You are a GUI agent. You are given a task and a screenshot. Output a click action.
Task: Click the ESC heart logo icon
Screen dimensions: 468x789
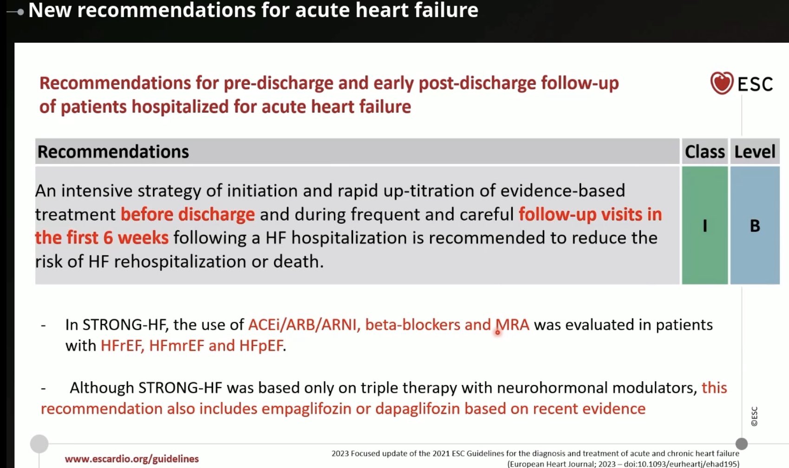722,83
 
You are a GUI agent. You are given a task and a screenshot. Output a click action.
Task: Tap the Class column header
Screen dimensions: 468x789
704,152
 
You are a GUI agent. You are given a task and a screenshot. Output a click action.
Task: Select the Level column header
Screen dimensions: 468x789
755,152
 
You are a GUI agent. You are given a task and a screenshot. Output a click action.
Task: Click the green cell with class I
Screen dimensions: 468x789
704,226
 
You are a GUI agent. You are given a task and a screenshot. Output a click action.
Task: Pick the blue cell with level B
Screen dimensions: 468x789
755,226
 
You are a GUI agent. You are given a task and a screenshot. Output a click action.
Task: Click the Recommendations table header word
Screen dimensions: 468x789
113,152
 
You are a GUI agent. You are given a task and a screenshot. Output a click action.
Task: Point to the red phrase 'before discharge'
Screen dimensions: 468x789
188,214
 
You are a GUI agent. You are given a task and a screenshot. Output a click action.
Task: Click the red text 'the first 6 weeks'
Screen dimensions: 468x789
102,238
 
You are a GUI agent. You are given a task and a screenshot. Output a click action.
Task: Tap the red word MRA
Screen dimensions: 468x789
512,325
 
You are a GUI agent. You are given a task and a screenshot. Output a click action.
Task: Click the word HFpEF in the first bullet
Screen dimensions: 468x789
261,346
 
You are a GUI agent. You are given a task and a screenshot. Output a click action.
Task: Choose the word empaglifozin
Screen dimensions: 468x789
306,409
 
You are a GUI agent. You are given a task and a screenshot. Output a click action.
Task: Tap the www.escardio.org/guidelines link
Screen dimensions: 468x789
132,459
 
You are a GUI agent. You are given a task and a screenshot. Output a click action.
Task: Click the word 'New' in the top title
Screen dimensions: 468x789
50,10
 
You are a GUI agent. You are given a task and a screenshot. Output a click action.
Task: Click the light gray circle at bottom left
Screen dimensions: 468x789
39,444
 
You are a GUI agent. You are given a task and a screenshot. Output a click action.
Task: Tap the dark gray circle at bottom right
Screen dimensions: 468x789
742,444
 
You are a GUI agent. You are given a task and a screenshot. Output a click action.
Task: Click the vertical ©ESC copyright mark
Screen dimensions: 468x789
754,416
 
